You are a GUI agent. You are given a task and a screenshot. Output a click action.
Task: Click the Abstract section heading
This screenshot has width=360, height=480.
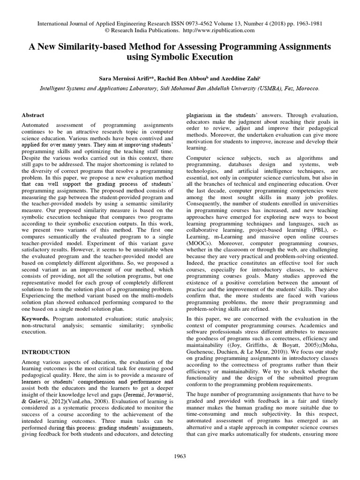tap(33, 115)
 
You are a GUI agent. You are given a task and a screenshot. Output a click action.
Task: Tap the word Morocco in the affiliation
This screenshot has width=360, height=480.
tap(307, 87)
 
